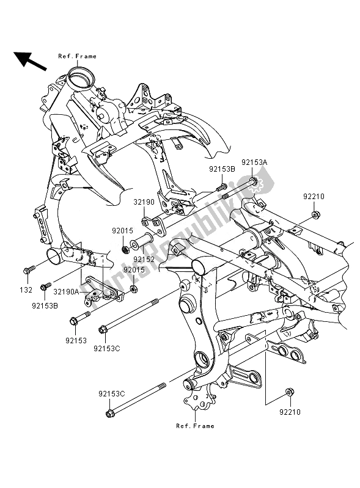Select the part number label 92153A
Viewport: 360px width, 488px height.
coord(254,162)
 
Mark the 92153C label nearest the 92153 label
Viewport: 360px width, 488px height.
coord(108,349)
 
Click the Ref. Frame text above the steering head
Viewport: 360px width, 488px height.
coord(77,56)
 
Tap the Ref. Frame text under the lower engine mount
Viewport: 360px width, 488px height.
coord(195,426)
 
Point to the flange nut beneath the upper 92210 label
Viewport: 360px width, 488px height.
coord(314,214)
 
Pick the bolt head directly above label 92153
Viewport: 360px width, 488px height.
coord(75,319)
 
